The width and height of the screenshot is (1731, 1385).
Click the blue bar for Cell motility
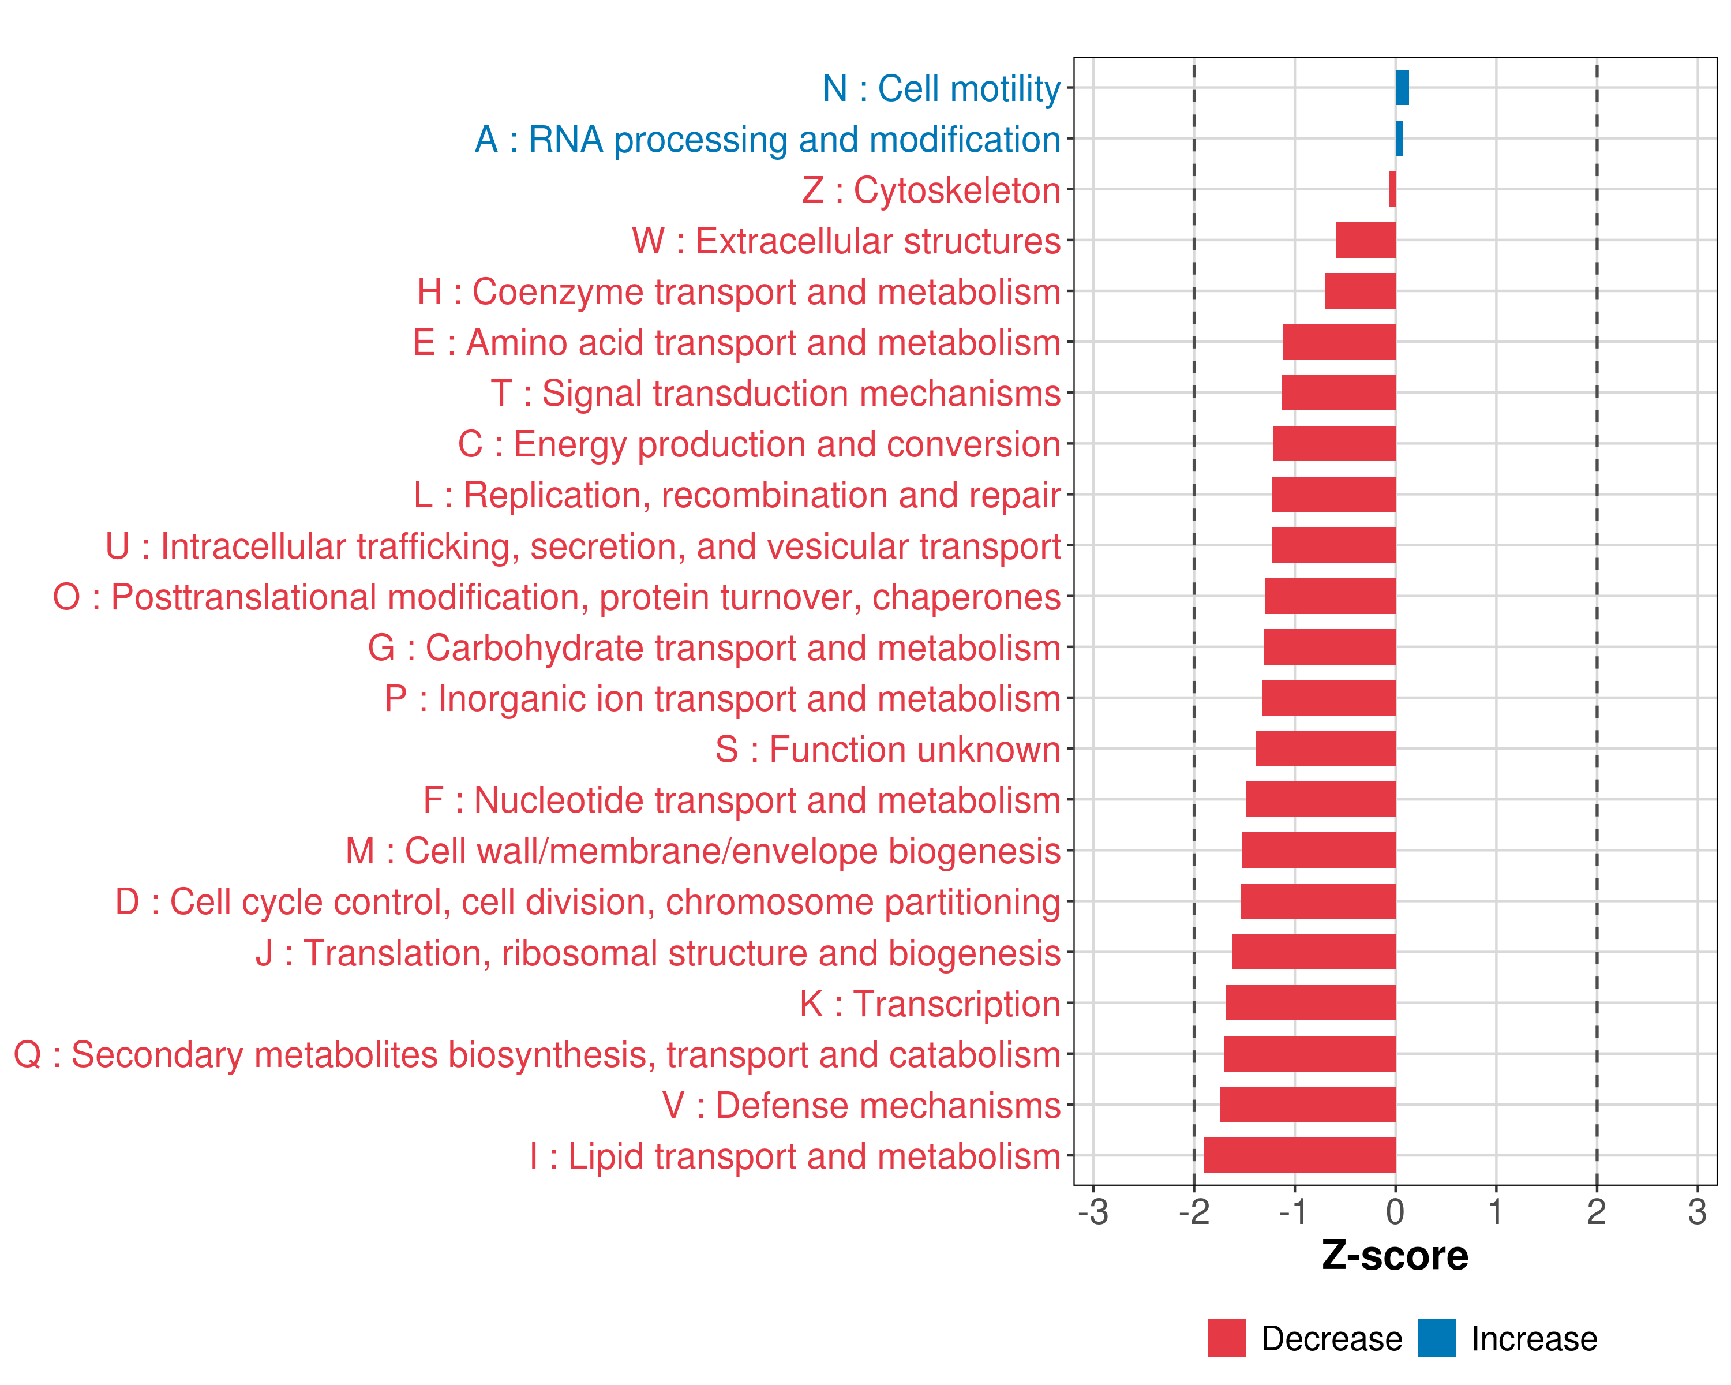coord(1402,88)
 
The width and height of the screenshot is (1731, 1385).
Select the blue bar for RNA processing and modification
coord(1399,138)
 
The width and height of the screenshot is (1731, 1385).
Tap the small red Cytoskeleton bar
coord(1392,189)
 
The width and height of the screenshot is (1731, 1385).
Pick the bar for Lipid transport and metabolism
coord(1299,1155)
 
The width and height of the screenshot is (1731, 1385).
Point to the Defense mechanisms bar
coord(1307,1104)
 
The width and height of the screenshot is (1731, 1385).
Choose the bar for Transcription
coord(1310,1003)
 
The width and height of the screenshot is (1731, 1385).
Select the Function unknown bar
coord(1325,748)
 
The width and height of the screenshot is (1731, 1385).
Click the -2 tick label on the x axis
coord(1194,1211)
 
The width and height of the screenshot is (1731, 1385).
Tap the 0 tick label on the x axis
coord(1395,1211)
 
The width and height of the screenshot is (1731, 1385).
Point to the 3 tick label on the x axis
coord(1696,1211)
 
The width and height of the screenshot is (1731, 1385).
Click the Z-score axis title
coord(1395,1256)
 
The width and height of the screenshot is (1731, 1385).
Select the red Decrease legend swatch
coord(1226,1338)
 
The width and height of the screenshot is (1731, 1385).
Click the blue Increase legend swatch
coord(1436,1338)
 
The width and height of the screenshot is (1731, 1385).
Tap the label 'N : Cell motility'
coord(941,88)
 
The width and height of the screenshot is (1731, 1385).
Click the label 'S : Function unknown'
coord(887,749)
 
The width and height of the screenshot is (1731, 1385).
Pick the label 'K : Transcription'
coord(930,1004)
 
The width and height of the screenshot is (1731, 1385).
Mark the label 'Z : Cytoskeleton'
coord(931,190)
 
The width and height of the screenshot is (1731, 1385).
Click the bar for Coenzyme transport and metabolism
coord(1359,291)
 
